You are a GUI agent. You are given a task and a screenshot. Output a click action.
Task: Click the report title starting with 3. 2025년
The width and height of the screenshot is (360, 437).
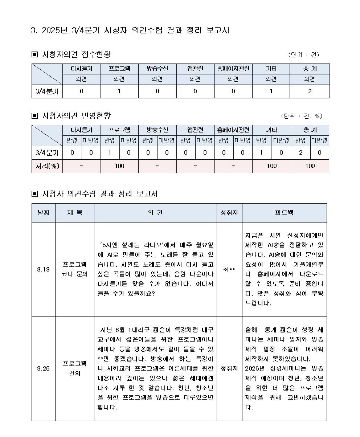(130, 30)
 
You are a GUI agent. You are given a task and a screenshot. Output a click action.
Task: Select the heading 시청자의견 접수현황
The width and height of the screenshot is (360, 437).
(76, 54)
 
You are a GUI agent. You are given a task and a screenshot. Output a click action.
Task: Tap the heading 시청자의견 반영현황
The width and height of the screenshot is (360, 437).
(76, 116)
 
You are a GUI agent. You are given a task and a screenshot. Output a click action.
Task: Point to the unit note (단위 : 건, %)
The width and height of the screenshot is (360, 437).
(302, 116)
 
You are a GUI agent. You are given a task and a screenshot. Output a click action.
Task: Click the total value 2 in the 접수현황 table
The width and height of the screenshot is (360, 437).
(310, 91)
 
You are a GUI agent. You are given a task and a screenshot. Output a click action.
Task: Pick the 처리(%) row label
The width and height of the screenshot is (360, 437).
(47, 166)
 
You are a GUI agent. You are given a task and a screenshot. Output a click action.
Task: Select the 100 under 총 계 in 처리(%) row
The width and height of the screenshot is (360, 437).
(310, 166)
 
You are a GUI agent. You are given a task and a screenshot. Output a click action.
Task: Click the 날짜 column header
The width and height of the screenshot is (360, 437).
(44, 213)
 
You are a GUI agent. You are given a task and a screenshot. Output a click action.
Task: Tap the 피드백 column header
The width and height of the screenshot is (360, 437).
(284, 213)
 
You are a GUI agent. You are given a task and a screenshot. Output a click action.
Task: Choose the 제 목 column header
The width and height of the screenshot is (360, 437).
(74, 213)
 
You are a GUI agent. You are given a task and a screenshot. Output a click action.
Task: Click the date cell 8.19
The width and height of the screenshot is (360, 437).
(44, 269)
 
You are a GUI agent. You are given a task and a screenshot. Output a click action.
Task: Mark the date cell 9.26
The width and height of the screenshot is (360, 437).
(44, 369)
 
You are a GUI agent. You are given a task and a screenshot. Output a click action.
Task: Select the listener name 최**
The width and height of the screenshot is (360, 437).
(229, 269)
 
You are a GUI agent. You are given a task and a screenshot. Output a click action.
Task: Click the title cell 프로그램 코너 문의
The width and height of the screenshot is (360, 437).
(74, 269)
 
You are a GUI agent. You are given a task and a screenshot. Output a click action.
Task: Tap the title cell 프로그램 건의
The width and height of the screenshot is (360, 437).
(74, 368)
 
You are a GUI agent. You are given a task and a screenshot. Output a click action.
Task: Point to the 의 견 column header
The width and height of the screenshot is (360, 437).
(155, 213)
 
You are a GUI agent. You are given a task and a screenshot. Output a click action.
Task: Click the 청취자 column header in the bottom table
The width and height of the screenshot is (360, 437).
(229, 213)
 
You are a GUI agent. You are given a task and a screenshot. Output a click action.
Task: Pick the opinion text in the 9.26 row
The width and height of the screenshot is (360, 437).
(155, 368)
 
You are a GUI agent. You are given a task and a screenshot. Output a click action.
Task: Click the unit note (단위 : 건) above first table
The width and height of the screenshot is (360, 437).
(303, 55)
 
